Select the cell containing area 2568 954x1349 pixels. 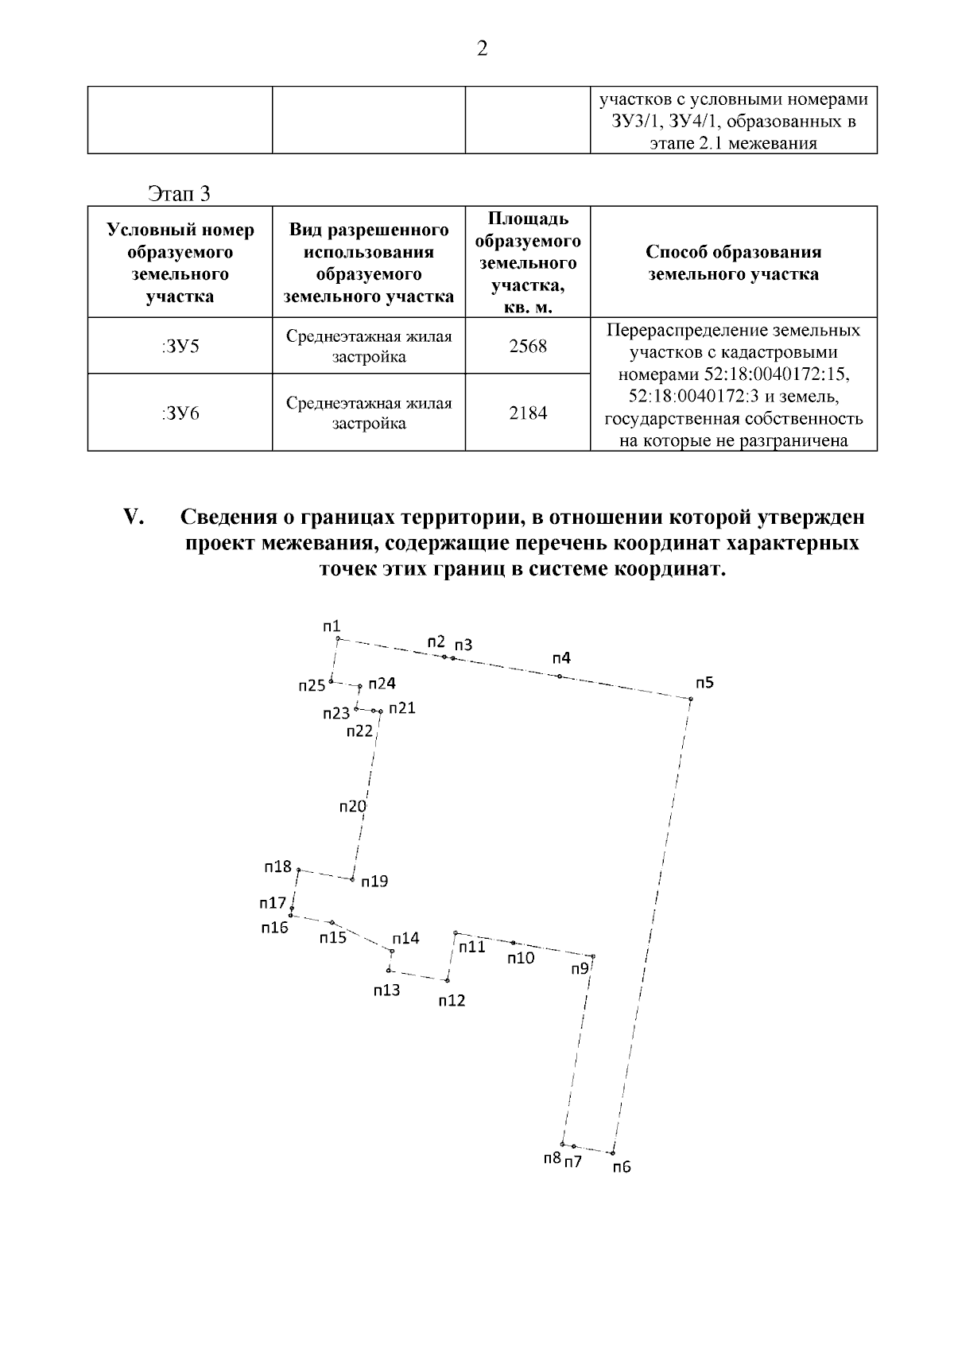(528, 347)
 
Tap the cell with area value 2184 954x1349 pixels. (528, 413)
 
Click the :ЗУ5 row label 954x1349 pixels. (180, 347)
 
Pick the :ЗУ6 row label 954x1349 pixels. (180, 413)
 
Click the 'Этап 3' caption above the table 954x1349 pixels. (180, 193)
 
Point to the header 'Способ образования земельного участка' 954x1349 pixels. (733, 263)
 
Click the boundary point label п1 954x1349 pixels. (332, 626)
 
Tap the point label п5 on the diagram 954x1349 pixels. (704, 683)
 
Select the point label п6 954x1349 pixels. (622, 1167)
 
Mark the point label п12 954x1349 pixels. (452, 1001)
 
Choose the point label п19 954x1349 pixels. (374, 882)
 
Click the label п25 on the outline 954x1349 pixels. (312, 685)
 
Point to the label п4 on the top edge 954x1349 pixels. (561, 658)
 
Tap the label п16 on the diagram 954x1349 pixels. (274, 928)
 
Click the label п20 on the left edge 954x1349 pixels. (352, 807)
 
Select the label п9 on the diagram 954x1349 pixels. (580, 968)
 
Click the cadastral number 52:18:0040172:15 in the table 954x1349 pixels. (778, 374)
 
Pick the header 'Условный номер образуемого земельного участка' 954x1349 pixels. (180, 263)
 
